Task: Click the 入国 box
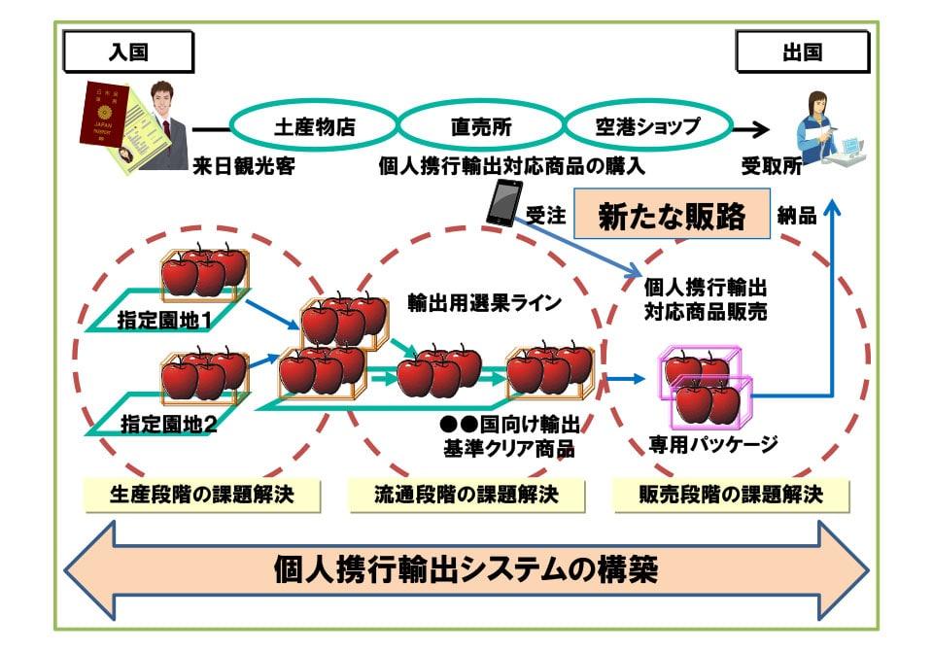(x=128, y=52)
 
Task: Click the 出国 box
(x=802, y=52)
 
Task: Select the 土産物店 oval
(x=314, y=126)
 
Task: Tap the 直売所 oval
(x=480, y=126)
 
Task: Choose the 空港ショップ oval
(x=646, y=126)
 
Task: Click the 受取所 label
(x=772, y=165)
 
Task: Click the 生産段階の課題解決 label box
(x=202, y=495)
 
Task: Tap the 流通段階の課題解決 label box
(x=466, y=495)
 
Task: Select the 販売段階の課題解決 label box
(x=731, y=495)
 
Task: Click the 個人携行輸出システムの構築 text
(x=466, y=568)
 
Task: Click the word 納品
(x=797, y=217)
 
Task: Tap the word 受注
(x=545, y=217)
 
